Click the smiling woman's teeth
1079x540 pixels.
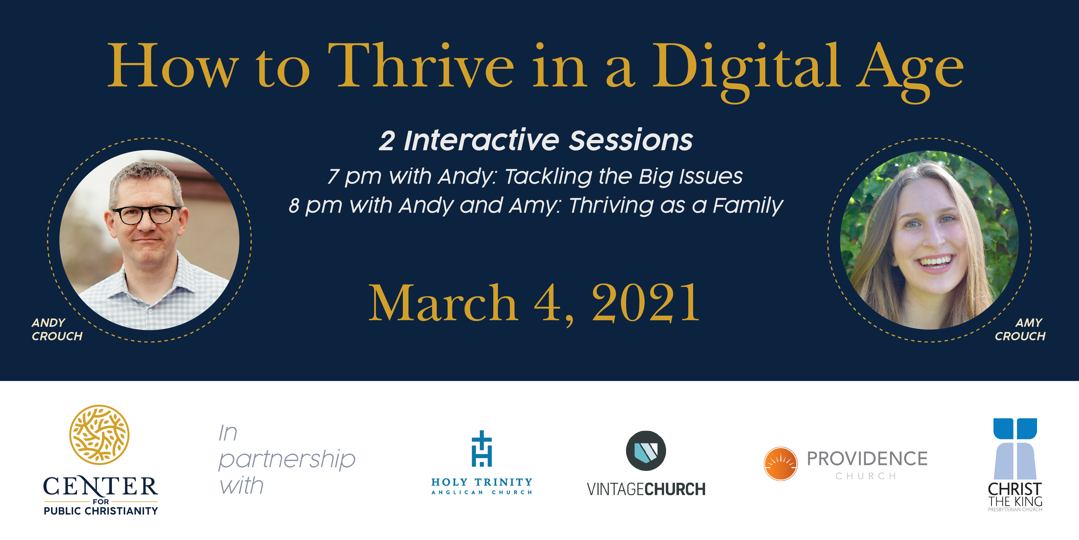(x=935, y=262)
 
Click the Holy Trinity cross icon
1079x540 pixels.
(x=482, y=448)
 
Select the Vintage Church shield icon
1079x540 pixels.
(x=646, y=451)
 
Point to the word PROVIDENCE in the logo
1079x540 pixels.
(x=867, y=459)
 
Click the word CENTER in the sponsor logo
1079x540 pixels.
(x=100, y=486)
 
